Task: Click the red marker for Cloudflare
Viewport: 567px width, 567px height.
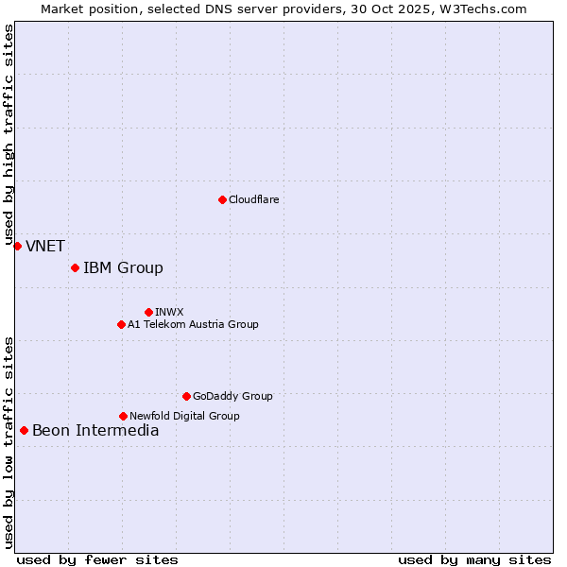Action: tap(222, 199)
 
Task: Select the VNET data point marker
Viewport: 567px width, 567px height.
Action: tap(17, 246)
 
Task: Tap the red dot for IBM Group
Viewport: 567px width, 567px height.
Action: tap(75, 267)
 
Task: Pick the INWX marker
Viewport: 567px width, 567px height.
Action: tap(148, 312)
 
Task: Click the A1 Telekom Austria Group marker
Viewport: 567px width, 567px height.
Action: tap(121, 324)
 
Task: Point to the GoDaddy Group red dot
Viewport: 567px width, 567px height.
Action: tap(186, 396)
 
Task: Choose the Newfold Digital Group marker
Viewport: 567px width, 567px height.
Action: tap(123, 416)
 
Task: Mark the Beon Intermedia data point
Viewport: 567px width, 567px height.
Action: tap(24, 430)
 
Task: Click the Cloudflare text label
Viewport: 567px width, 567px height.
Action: tap(253, 199)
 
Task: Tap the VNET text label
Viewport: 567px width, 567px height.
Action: tap(45, 246)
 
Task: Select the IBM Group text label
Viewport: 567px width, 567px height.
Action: tap(123, 267)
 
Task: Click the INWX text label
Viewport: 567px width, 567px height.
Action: tap(169, 312)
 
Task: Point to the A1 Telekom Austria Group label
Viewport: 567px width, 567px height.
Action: tap(193, 324)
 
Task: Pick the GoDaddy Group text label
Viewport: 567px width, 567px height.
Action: tap(232, 396)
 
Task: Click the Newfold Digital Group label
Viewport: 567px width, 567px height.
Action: tap(184, 416)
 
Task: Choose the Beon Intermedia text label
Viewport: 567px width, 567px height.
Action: tap(95, 431)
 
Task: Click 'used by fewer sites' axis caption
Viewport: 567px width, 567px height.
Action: tap(97, 559)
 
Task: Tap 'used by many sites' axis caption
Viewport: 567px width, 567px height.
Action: tap(474, 559)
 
